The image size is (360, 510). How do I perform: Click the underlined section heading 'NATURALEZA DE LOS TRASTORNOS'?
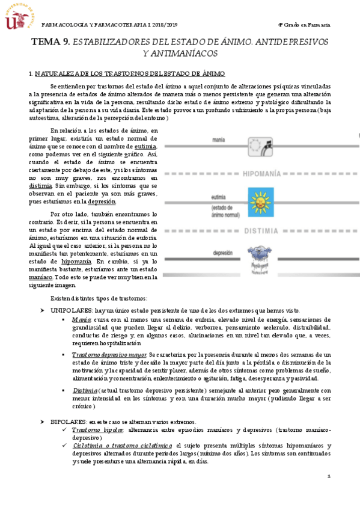click(120, 73)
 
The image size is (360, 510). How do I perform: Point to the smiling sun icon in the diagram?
click(260, 201)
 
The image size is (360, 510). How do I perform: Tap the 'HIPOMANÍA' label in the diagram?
click(262, 174)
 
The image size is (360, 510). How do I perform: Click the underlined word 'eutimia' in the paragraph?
click(146, 147)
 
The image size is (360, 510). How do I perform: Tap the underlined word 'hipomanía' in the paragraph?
click(76, 262)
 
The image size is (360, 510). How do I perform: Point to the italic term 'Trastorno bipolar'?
click(97, 431)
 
